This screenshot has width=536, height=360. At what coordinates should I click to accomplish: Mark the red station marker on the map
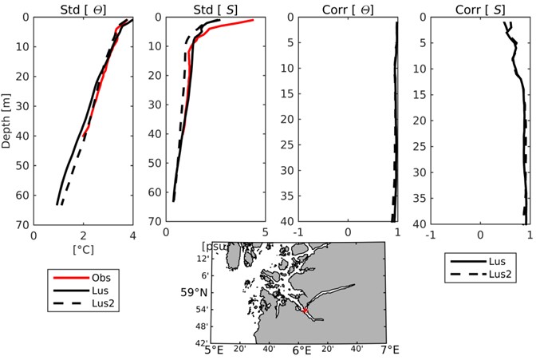pyautogui.click(x=305, y=311)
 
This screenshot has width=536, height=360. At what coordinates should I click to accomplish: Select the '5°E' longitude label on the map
pyautogui.click(x=213, y=350)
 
